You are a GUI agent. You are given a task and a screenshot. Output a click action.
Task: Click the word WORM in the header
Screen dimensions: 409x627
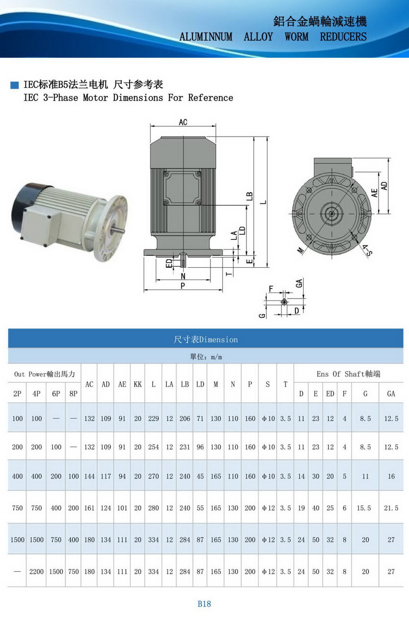point(296,37)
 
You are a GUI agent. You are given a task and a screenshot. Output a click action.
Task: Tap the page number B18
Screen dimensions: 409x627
point(204,604)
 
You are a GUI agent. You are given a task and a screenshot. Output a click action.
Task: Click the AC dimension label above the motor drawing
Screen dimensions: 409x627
point(183,122)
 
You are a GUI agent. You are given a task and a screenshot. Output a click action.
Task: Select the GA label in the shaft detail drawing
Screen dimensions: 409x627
point(299,283)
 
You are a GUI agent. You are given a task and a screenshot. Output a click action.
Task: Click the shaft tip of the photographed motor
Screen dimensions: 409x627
point(123,230)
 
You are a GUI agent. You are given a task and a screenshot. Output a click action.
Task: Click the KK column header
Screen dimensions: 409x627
point(138,384)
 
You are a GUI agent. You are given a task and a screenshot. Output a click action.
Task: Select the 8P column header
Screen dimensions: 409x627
point(73,394)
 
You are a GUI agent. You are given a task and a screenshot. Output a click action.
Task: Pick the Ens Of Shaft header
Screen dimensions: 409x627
point(349,374)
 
